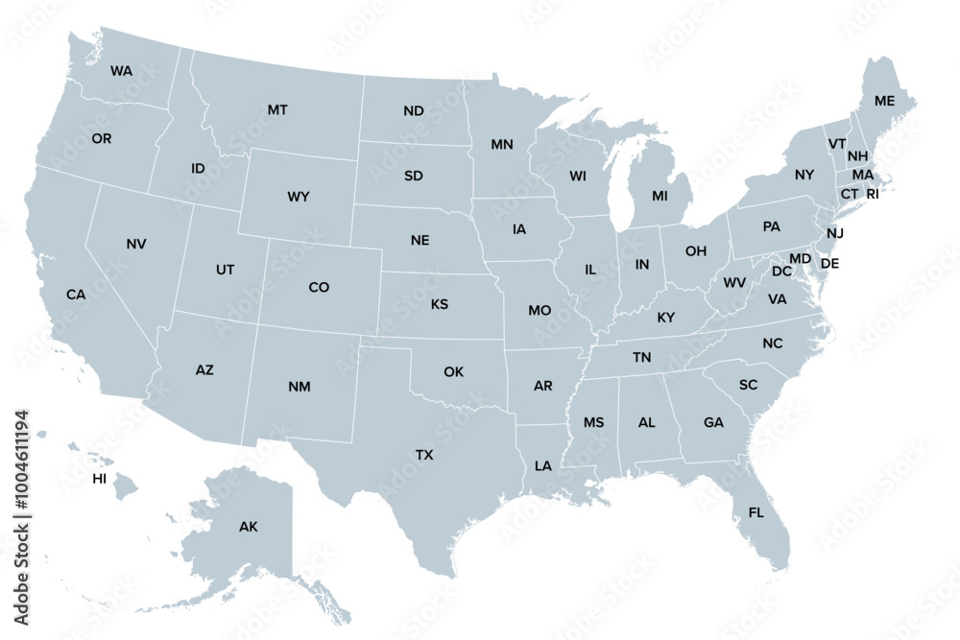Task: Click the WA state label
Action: click(x=122, y=71)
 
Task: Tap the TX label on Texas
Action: click(x=424, y=454)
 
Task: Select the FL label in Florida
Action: click(x=756, y=512)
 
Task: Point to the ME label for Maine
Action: click(x=884, y=101)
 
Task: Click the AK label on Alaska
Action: click(x=249, y=526)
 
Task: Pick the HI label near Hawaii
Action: click(x=100, y=478)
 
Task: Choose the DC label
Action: click(x=781, y=272)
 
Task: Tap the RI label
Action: click(x=873, y=194)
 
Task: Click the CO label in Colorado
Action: click(x=319, y=287)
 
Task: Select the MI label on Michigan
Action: click(x=660, y=196)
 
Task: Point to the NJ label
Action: click(x=835, y=233)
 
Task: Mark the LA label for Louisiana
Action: click(x=543, y=465)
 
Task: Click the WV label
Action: click(x=734, y=283)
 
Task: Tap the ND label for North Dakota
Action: click(x=414, y=111)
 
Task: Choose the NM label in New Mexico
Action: click(x=300, y=387)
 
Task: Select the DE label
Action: click(x=830, y=263)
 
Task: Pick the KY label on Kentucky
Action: click(x=666, y=318)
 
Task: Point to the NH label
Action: click(x=858, y=156)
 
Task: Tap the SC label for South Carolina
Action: click(x=749, y=384)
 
